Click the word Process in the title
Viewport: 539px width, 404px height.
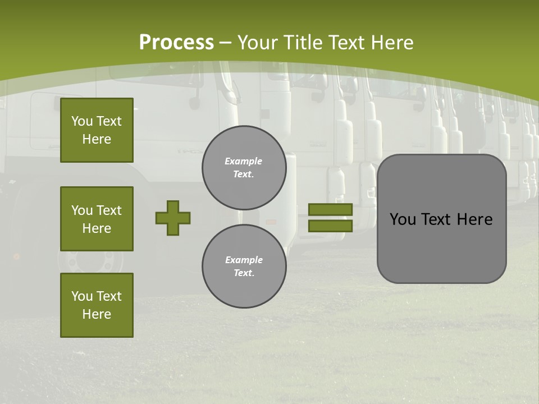pos(176,43)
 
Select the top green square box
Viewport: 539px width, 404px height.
pos(97,130)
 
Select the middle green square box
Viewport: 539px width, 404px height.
pos(97,219)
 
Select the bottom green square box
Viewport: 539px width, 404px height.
pos(97,305)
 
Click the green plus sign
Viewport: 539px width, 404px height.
pos(173,218)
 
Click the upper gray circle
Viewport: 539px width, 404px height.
pos(244,168)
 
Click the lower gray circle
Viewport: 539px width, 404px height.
pos(244,267)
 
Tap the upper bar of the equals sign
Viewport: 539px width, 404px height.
pos(330,209)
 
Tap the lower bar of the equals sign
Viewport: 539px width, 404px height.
pos(330,226)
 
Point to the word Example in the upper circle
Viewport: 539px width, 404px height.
pos(243,161)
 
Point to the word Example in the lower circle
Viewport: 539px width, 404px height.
pos(244,260)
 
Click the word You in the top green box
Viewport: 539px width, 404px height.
pos(81,121)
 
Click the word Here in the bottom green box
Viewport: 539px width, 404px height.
pos(97,314)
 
